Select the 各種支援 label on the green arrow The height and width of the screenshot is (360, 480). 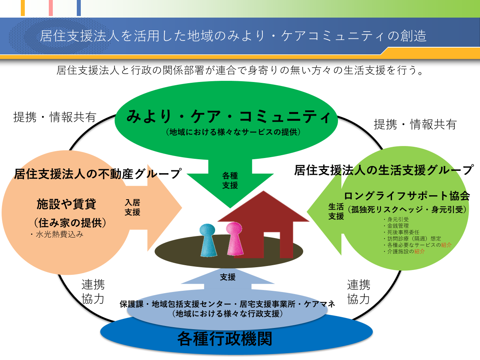[230, 180]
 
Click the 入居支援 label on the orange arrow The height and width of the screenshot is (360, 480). [132, 208]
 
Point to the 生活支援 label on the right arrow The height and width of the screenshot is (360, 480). [336, 211]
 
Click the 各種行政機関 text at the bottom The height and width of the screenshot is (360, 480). [225, 339]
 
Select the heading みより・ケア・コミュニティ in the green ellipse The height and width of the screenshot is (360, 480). [229, 117]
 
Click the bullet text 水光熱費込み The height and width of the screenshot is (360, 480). [57, 235]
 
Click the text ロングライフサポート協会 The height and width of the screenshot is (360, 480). [406, 196]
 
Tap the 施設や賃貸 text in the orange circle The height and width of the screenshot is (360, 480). [66, 204]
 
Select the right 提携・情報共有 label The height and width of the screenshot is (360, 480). [415, 124]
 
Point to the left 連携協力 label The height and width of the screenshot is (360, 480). [93, 292]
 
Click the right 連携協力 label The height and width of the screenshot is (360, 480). [358, 292]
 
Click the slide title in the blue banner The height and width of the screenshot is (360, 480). [233, 36]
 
